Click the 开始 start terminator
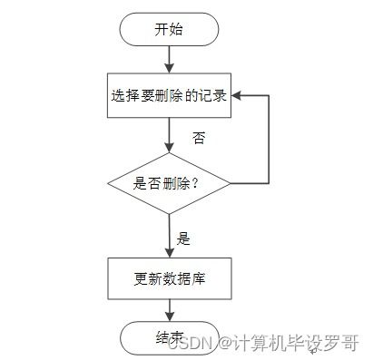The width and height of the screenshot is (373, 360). coord(169,29)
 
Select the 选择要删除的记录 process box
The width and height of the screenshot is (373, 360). coord(169,95)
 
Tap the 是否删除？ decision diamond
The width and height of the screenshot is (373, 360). coord(169,182)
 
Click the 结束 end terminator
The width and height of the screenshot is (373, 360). coord(169,337)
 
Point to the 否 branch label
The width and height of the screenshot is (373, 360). coord(199,139)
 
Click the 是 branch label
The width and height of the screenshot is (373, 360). coord(183,238)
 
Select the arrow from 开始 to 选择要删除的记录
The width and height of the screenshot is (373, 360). coord(170,58)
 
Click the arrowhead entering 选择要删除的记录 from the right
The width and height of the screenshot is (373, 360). coord(235,95)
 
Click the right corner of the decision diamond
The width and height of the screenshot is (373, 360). coord(230,182)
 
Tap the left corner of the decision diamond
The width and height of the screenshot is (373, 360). coord(109,182)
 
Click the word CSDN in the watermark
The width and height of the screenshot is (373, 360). coord(191,343)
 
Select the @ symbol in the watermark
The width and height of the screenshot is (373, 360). coord(221,343)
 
